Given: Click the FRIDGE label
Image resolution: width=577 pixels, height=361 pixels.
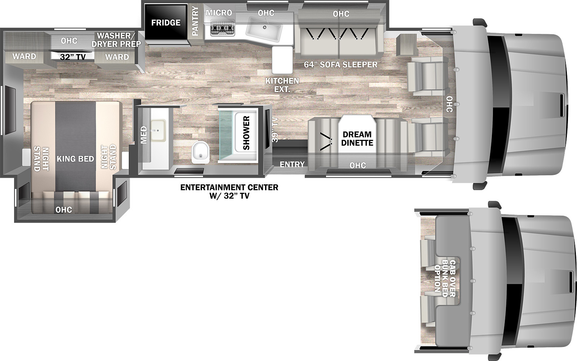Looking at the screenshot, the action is (x=166, y=23).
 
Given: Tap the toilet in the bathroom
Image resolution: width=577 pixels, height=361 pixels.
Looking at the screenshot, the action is (x=200, y=152).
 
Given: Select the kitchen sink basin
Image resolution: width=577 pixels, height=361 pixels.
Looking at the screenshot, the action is (x=264, y=30).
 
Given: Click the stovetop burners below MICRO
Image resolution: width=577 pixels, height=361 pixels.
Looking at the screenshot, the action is (x=223, y=27).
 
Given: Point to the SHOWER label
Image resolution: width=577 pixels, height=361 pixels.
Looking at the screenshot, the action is (x=246, y=133).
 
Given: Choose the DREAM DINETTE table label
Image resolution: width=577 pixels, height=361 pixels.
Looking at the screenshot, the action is (x=357, y=138).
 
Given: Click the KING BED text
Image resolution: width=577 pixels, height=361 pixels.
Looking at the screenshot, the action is (x=75, y=159).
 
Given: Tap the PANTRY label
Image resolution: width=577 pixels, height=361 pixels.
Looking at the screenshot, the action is (x=195, y=21).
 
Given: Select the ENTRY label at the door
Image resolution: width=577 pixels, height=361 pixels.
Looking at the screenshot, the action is (x=292, y=164).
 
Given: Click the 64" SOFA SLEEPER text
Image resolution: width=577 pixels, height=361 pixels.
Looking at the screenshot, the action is (x=340, y=65).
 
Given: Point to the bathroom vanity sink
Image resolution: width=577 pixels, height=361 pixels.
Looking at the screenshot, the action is (x=158, y=131).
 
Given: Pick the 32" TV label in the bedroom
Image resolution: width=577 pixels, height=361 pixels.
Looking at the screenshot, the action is (x=72, y=57).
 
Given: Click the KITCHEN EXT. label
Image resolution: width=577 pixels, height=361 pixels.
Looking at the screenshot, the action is (x=282, y=85).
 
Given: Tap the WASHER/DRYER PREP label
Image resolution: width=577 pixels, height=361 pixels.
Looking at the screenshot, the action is (x=116, y=40).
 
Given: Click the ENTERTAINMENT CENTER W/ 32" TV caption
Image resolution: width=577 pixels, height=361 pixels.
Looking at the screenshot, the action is (x=229, y=191).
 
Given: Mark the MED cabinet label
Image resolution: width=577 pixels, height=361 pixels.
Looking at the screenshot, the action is (x=144, y=135).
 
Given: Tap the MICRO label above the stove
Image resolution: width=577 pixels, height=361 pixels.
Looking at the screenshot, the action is (x=219, y=13).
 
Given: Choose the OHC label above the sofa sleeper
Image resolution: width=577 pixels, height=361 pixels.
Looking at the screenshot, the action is (x=341, y=14).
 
